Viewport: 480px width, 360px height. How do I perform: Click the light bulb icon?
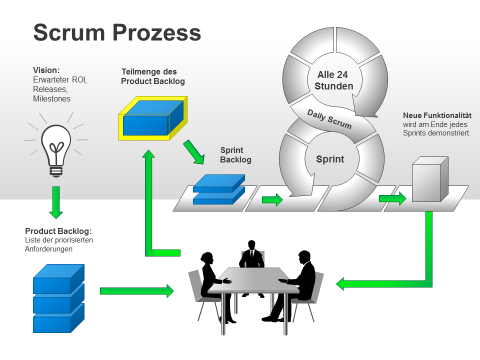click(x=56, y=147)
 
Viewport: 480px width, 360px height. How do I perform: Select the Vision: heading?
click(x=46, y=70)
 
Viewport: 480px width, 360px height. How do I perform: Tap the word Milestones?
click(x=51, y=99)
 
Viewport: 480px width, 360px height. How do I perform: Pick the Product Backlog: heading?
click(x=58, y=231)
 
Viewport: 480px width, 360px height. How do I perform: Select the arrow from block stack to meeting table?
click(x=136, y=290)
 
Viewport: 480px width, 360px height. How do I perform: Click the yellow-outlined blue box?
click(x=152, y=119)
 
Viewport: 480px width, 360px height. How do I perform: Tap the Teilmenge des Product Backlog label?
click(x=153, y=76)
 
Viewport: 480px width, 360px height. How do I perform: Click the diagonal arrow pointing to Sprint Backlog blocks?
click(x=194, y=152)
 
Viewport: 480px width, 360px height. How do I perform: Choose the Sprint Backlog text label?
click(x=235, y=155)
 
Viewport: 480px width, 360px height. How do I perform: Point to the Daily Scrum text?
click(x=329, y=119)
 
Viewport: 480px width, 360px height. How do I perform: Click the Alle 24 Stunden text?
click(x=333, y=80)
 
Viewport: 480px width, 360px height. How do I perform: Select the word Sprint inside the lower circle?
click(x=330, y=159)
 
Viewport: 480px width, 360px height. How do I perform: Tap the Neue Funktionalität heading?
click(x=437, y=115)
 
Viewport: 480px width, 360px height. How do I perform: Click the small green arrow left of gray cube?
click(x=392, y=198)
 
